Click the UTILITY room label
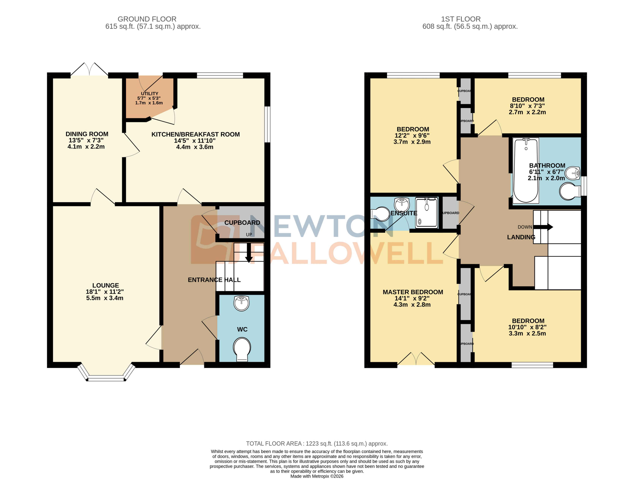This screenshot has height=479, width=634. click(x=149, y=94)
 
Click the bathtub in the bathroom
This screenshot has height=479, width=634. click(x=526, y=170)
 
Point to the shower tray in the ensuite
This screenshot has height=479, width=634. click(x=426, y=213)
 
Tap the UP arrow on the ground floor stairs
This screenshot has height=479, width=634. click(x=249, y=252)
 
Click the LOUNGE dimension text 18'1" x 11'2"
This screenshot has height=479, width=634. click(x=105, y=292)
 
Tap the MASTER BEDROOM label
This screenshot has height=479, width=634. click(x=413, y=292)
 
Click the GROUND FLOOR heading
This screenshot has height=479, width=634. click(x=147, y=19)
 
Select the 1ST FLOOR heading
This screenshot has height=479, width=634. click(x=461, y=19)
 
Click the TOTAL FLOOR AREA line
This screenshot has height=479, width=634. click(x=317, y=443)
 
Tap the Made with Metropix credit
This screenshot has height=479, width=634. click(x=317, y=476)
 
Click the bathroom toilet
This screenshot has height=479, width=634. click(x=569, y=191)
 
